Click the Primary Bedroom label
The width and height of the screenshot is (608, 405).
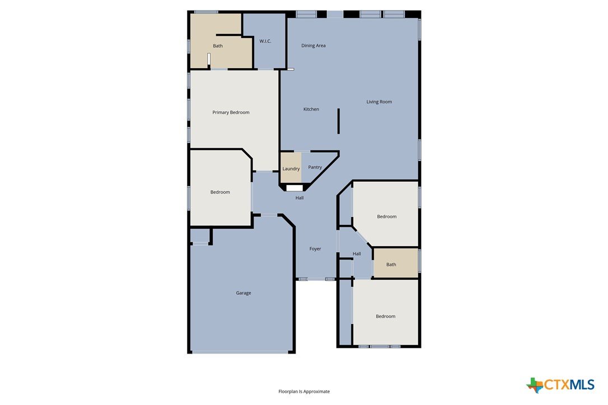[231, 112]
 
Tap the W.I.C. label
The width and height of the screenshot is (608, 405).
[265, 41]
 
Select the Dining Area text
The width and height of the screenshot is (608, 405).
[314, 46]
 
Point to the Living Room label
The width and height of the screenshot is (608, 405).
[379, 102]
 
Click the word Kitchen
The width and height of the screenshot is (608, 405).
[311, 109]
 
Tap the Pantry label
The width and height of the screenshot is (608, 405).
[315, 167]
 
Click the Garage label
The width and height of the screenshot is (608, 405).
[244, 293]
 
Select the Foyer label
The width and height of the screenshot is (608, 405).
[315, 249]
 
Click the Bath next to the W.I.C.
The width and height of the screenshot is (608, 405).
[218, 46]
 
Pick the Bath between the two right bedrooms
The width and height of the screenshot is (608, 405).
[391, 265]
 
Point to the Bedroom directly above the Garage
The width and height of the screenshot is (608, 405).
[220, 192]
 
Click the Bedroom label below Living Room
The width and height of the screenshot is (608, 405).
[387, 216]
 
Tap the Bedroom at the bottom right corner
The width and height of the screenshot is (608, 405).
[385, 316]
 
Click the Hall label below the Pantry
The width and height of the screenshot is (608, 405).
[300, 198]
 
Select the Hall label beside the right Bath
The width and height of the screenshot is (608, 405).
[357, 254]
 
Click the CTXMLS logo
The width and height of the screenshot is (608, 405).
[560, 385]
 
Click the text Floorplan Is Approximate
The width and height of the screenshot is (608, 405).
[304, 392]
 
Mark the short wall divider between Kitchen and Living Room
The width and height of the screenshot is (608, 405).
[339, 121]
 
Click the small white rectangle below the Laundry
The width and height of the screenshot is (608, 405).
[294, 188]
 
